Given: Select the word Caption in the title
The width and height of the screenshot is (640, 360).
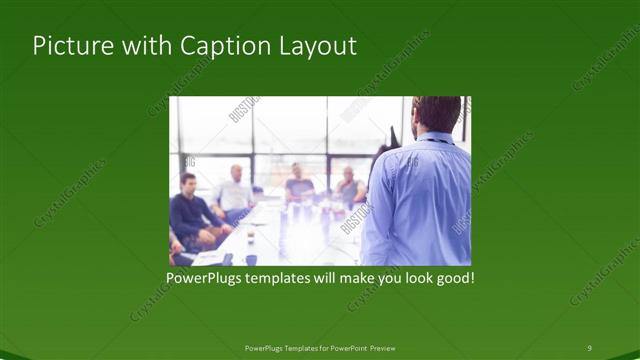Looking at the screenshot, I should tap(216, 46).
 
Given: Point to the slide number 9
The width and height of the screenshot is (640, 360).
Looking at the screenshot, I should tap(589, 347).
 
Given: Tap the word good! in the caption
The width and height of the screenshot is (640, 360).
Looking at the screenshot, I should tap(452, 277).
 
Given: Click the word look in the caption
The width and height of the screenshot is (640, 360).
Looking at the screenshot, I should tap(408, 277).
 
